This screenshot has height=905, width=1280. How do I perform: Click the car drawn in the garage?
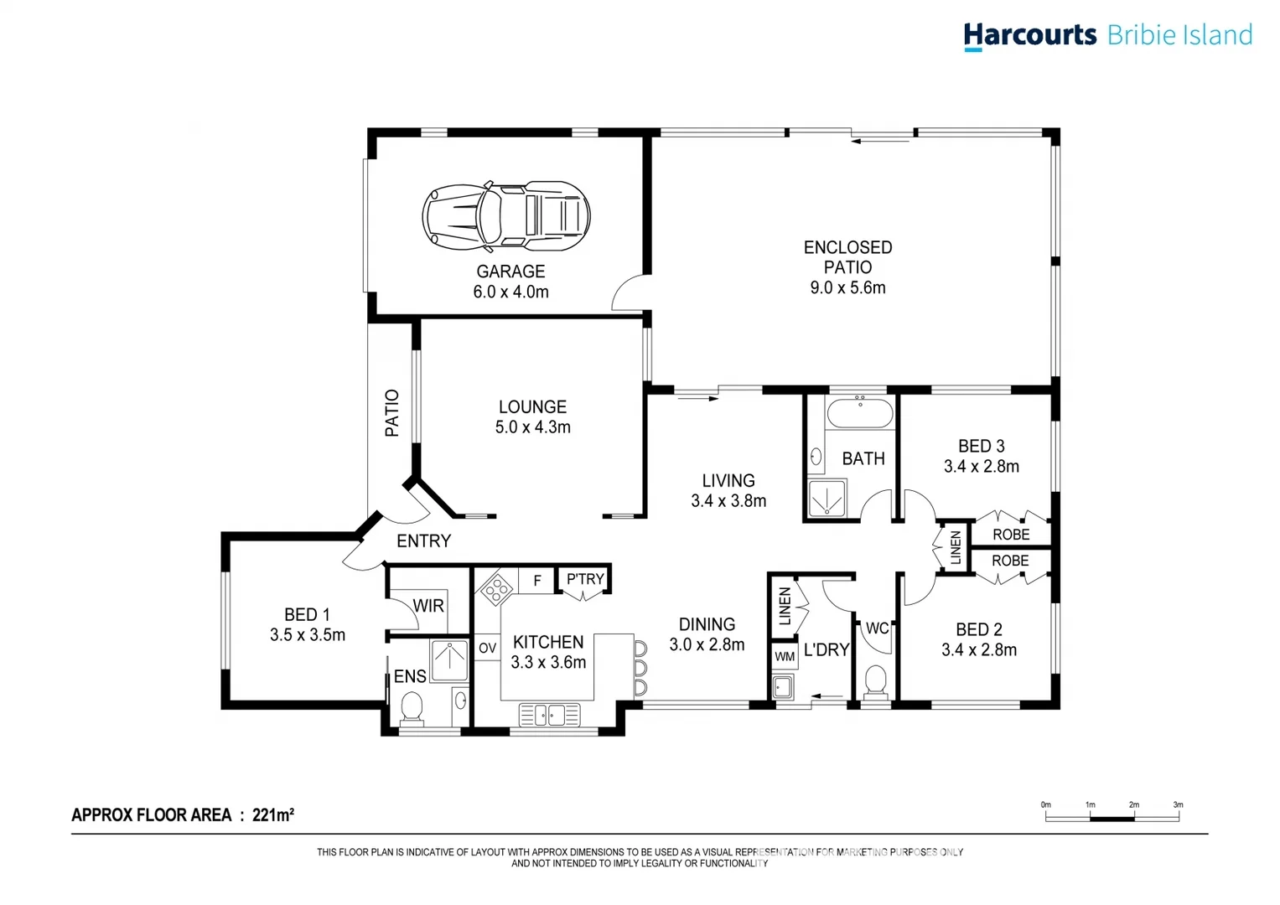pos(505,216)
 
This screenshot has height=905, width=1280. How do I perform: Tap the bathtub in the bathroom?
pos(860,413)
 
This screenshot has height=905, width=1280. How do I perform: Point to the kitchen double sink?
pos(549,715)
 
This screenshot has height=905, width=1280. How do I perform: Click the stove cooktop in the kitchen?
pos(496,587)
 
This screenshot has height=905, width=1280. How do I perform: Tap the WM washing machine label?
pos(785,656)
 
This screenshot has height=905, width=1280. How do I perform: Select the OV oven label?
pos(487,648)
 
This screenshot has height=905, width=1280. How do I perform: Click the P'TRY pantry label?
pos(585,579)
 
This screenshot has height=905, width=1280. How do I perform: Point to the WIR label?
pos(428,606)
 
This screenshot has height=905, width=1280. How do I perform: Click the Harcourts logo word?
pos(1029,35)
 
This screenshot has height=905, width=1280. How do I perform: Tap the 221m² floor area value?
pos(272,814)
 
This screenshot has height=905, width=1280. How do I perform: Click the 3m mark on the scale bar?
pos(1178,805)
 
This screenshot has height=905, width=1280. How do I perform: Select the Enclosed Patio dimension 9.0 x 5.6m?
pos(847,287)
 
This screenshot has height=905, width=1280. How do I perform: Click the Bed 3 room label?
pos(981,447)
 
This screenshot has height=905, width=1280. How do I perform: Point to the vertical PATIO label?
pos(392,413)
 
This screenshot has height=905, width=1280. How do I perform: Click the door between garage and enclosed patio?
pos(630,292)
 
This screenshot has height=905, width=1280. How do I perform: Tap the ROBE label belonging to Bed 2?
pos(1010,561)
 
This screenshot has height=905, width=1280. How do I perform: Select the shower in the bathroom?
pos(827,499)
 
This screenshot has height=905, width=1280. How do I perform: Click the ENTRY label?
pos(423,541)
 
